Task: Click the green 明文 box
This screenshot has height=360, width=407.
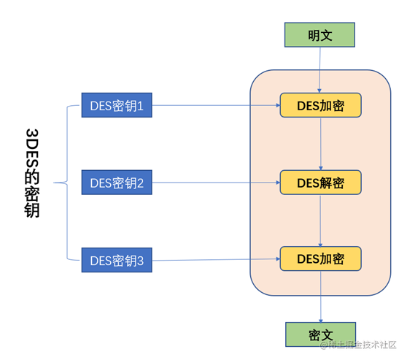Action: click(x=320, y=35)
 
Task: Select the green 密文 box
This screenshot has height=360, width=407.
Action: click(x=320, y=334)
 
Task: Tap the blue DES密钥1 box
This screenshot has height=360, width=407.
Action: click(x=117, y=107)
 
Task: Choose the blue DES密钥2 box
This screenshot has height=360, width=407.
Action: click(x=117, y=183)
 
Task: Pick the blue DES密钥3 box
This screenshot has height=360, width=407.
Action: click(x=117, y=259)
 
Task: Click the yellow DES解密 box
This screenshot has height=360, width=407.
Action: click(x=320, y=183)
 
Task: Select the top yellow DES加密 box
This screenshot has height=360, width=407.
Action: click(x=320, y=106)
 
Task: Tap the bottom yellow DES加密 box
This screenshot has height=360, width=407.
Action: click(x=320, y=258)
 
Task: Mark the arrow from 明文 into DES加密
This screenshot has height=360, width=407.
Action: click(x=320, y=71)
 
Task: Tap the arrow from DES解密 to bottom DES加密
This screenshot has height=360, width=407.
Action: click(x=321, y=221)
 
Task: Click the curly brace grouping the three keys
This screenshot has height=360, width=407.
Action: click(x=68, y=183)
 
